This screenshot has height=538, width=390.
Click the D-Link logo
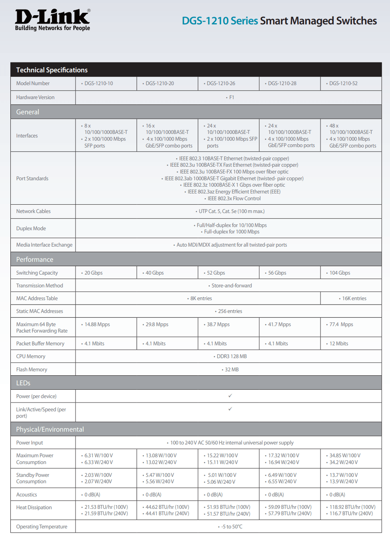52,20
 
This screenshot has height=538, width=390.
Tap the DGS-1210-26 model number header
221,84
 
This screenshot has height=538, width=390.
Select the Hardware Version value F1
231,98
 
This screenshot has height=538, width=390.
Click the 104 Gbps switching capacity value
340,273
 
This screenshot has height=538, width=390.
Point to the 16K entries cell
354,299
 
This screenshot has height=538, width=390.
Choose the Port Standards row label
32,179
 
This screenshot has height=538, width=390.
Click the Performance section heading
35,259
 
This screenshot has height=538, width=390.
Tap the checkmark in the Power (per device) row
230,396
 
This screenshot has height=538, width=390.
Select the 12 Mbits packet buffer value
338,344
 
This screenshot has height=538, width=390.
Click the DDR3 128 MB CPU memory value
231,357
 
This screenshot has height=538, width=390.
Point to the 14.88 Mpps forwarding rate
97,325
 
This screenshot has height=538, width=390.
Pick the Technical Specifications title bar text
52,70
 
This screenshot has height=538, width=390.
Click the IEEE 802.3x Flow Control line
234,199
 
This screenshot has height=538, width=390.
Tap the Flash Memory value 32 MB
231,370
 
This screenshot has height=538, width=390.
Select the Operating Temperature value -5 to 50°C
232,527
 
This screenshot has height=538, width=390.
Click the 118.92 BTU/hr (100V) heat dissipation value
352,507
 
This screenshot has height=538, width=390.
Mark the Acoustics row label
27,495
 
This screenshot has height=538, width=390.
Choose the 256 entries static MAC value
230,311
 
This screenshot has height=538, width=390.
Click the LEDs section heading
23,383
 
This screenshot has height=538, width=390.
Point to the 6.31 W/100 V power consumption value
99,456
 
